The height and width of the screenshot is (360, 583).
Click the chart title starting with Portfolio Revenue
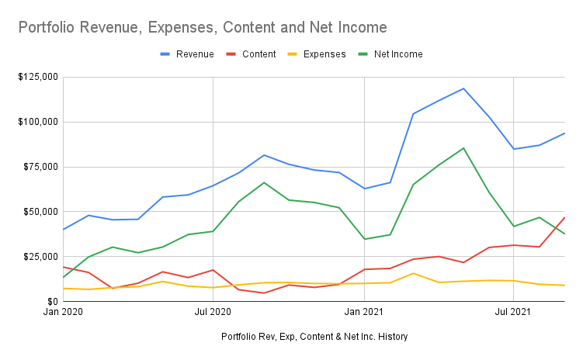click(x=202, y=28)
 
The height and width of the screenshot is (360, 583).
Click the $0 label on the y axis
click(x=50, y=301)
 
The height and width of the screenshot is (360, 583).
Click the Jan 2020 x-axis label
click(x=63, y=313)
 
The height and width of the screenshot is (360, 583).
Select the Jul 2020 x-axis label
click(x=213, y=313)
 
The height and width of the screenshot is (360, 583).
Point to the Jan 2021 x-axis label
click(x=364, y=313)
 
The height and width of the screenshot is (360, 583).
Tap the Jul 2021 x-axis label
click(x=513, y=313)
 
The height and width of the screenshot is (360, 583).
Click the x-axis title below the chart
click(x=314, y=336)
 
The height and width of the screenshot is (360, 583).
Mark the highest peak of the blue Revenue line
click(x=463, y=88)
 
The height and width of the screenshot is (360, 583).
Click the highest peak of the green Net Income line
click(x=463, y=148)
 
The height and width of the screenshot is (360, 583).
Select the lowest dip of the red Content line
click(x=264, y=292)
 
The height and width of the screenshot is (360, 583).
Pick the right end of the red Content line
click(x=564, y=217)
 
